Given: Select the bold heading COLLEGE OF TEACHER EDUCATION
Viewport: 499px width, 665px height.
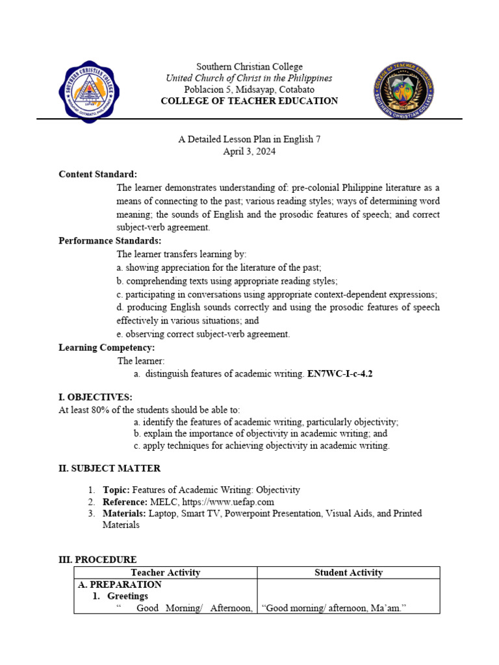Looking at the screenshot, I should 249,101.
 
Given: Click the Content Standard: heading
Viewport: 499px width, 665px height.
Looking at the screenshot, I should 98,174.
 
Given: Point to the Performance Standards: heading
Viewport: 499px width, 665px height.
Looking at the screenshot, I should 110,241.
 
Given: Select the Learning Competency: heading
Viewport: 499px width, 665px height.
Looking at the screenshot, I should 107,347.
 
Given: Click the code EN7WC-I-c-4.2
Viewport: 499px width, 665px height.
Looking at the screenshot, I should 340,374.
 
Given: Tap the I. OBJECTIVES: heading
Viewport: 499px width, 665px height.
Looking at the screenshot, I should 96,397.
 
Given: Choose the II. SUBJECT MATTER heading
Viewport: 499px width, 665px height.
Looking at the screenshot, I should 110,468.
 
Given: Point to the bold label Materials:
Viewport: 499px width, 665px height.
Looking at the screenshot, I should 125,513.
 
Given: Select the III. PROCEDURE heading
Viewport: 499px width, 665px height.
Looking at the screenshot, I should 97,559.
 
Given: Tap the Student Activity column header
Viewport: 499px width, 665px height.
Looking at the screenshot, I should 348,572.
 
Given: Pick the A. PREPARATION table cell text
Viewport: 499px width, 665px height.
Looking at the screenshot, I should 120,584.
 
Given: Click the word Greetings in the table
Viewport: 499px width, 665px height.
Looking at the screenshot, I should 127,596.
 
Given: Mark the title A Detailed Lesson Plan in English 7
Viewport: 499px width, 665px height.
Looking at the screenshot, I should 249,139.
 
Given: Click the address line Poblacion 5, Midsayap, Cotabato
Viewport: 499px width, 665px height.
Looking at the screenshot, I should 249,89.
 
